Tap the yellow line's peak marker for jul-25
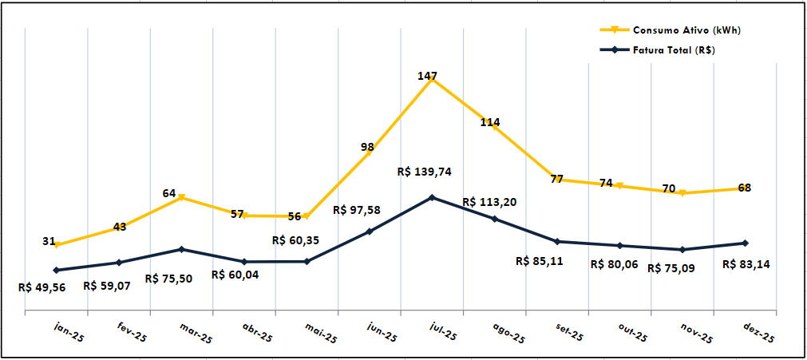click(x=432, y=80)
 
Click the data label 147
click(x=427, y=76)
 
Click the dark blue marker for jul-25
click(x=432, y=197)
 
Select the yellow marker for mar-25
click(x=181, y=197)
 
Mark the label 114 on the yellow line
click(x=490, y=122)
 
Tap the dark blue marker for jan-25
click(x=56, y=270)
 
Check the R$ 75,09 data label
click(x=671, y=268)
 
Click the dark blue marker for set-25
click(x=557, y=241)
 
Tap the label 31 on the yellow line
click(x=49, y=241)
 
